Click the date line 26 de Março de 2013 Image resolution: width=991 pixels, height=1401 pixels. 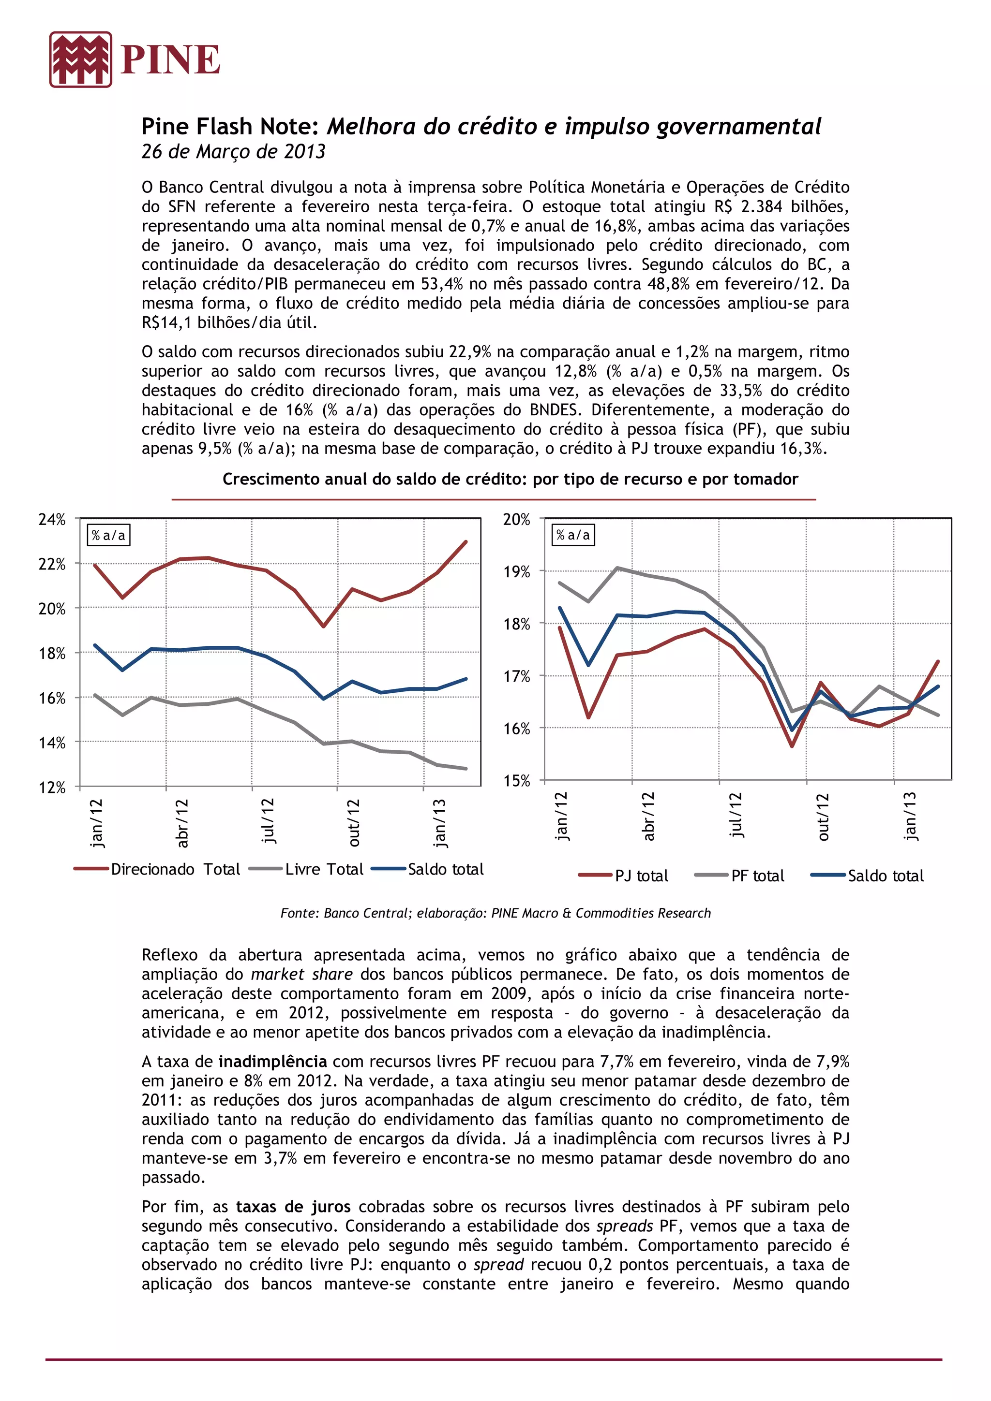[233, 151]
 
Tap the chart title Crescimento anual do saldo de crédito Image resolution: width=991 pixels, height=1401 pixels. [510, 479]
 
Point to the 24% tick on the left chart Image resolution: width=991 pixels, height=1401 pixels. [52, 519]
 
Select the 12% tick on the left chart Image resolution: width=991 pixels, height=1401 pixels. [52, 787]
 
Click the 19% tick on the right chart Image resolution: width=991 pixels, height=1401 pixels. [517, 572]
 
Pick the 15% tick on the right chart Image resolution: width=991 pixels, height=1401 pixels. [517, 780]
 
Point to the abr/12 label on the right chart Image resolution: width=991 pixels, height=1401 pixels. [648, 816]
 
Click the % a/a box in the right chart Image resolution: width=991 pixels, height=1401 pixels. [573, 535]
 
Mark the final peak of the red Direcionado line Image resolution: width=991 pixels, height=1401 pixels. [466, 542]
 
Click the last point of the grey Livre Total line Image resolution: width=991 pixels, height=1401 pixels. [466, 768]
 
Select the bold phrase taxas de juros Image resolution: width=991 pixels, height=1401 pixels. [293, 1206]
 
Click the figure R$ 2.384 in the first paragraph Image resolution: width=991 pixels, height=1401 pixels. [748, 206]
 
